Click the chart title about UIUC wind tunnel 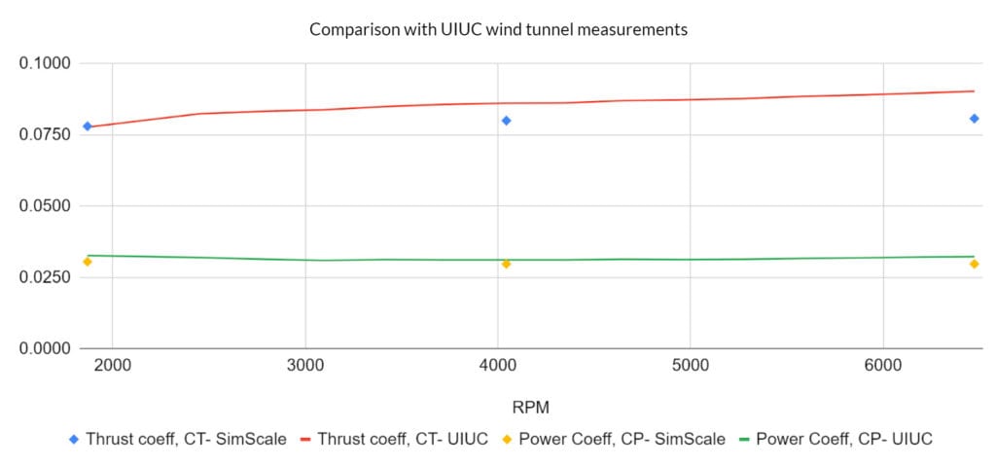498,30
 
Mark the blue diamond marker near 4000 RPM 507,121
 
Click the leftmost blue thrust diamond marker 88,126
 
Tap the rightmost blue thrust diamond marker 974,119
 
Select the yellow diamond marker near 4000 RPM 507,264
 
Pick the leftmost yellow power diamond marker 88,262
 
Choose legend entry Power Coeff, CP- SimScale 613,440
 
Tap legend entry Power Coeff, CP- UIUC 834,440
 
